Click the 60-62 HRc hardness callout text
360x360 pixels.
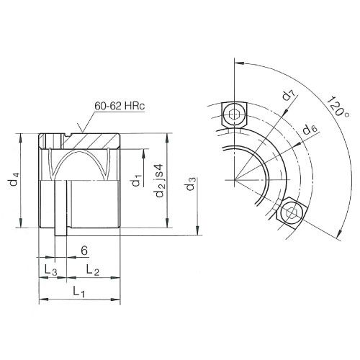[x=118, y=106]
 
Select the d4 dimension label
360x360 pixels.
[x=15, y=182]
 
